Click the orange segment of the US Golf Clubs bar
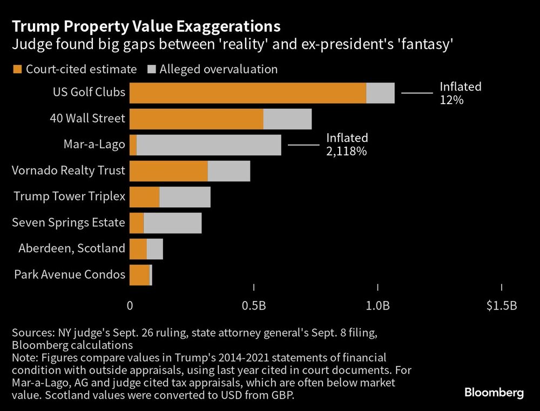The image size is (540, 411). tap(248, 93)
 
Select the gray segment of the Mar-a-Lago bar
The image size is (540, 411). tap(209, 145)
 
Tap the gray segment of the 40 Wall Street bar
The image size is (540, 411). tap(287, 119)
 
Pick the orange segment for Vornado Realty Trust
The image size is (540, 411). tap(168, 171)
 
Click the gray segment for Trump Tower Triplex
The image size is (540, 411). tap(185, 197)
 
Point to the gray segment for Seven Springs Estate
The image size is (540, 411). tap(172, 223)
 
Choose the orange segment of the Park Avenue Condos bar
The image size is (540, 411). tap(139, 275)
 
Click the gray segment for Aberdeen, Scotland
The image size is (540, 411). tap(154, 249)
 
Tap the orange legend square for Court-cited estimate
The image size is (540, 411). tap(16, 69)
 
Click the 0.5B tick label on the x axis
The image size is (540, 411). tap(253, 306)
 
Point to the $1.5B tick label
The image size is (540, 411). tap(502, 306)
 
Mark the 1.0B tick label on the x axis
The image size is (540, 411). tap(377, 306)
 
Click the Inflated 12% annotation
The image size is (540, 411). tap(460, 93)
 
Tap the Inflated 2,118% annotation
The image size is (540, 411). tap(347, 145)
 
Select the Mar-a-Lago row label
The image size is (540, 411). tap(94, 145)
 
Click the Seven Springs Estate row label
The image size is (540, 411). tap(69, 222)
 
